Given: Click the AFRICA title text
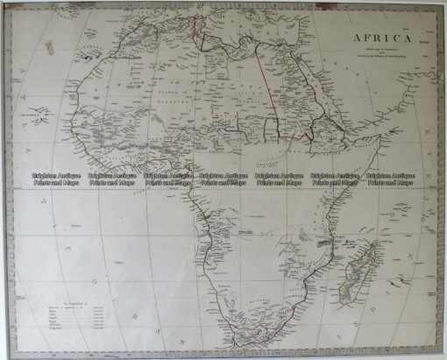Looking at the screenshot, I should point(385,39).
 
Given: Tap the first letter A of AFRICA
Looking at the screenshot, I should point(358,39).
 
